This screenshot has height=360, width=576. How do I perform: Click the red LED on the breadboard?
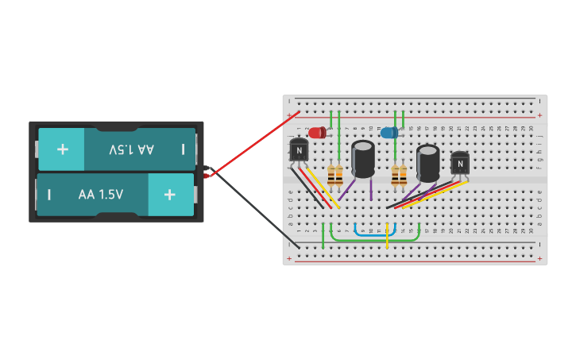click(317, 133)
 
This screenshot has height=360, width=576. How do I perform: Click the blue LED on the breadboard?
click(389, 133)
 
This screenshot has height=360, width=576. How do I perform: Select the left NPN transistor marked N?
click(299, 149)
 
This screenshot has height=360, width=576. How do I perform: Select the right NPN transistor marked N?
click(459, 163)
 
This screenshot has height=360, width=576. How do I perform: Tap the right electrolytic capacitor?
click(427, 162)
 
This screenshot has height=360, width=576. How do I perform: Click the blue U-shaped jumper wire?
click(375, 234)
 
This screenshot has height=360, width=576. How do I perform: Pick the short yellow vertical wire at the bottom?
click(387, 237)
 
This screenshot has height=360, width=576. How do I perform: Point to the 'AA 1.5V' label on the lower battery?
click(100, 194)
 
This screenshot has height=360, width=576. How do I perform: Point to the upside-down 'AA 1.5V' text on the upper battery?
click(132, 149)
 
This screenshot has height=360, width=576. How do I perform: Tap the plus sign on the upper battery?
click(62, 149)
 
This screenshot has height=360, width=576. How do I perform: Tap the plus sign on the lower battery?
click(168, 194)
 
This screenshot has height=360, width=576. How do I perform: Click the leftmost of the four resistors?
click(331, 176)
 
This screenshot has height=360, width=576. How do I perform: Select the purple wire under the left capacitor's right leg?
click(371, 189)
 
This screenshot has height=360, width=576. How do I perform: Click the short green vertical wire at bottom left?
click(323, 237)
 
